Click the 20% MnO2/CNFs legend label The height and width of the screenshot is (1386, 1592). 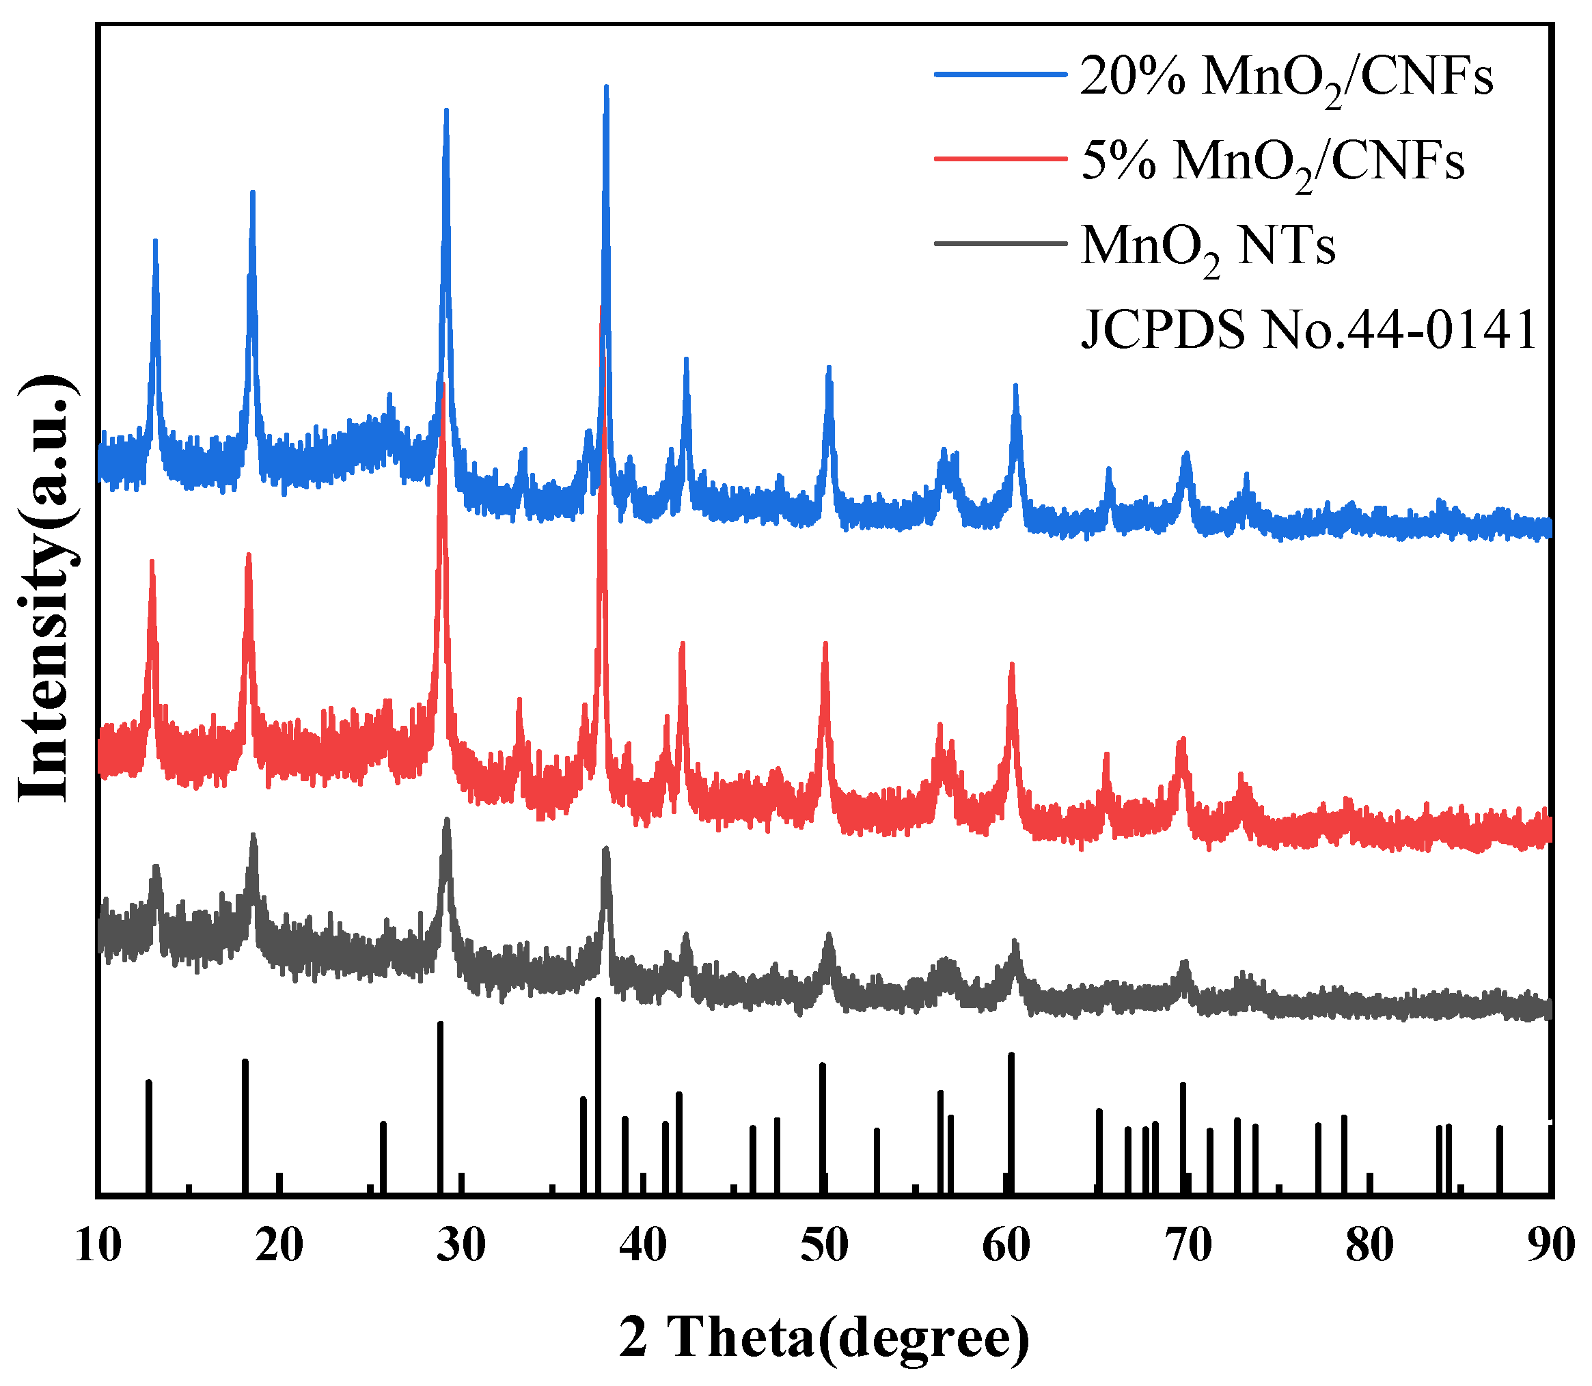click(x=1286, y=77)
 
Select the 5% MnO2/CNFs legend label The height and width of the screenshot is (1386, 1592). click(x=1272, y=162)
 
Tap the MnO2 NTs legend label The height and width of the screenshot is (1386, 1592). click(x=1208, y=247)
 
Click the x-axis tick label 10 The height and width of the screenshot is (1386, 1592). click(x=98, y=1245)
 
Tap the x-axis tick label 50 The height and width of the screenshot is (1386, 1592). click(x=825, y=1245)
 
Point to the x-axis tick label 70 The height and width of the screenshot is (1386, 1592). click(x=1188, y=1245)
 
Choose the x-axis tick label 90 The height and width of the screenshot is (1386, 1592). click(x=1550, y=1245)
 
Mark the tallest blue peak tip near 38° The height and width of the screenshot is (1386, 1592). click(x=606, y=87)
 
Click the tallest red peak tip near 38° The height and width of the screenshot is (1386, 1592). click(x=601, y=308)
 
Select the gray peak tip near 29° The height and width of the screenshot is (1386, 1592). click(x=446, y=820)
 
